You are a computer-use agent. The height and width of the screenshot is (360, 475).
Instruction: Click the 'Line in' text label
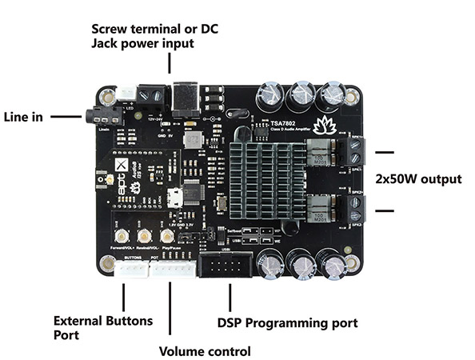coord(24,115)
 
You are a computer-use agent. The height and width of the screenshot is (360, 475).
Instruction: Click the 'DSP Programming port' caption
coord(287,323)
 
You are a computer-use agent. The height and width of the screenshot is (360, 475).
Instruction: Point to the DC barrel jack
coord(186,94)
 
